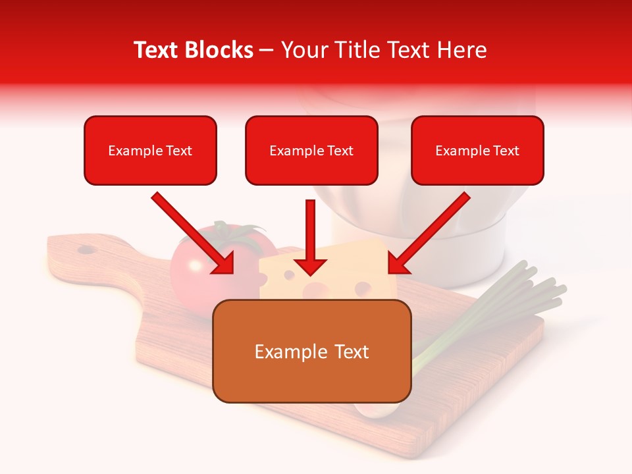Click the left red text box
click(x=150, y=150)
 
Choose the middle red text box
click(x=311, y=150)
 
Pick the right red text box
click(x=477, y=150)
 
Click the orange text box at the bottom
click(x=312, y=351)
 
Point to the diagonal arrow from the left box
click(x=192, y=234)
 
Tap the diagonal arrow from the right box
click(x=429, y=234)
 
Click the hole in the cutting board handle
click(x=86, y=250)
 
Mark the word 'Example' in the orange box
click(x=284, y=352)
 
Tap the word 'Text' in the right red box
click(x=506, y=151)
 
